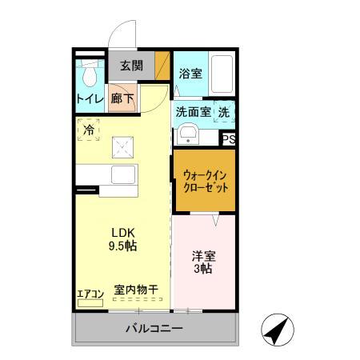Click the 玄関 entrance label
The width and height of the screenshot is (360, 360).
[131, 66]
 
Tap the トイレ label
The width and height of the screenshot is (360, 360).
[88, 99]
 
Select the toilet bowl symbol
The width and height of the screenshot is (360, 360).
[90, 74]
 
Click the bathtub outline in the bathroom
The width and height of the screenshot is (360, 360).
[222, 77]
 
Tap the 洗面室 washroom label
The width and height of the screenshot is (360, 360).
[193, 113]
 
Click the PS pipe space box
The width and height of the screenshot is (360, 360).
[229, 138]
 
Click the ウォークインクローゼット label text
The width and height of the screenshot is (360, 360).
[205, 181]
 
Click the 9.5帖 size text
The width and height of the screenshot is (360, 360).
[123, 246]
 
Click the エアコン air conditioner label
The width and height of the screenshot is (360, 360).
[90, 294]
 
